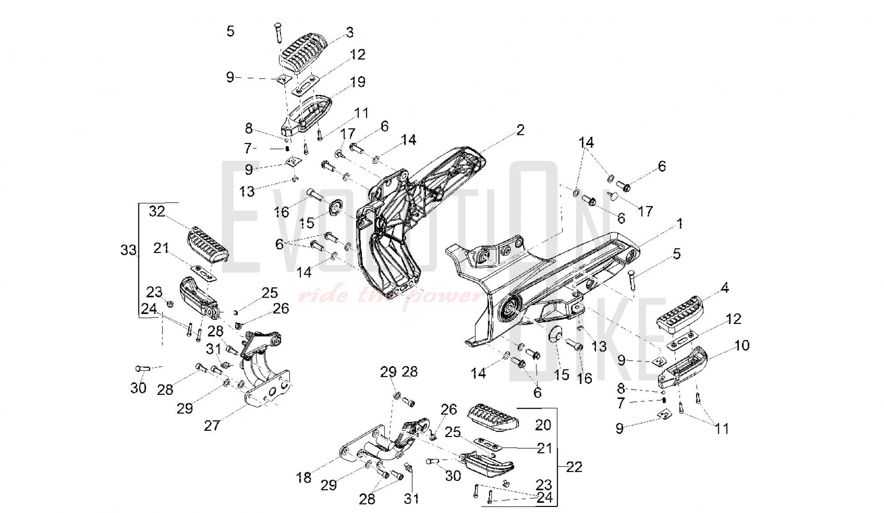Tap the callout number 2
point(520,130)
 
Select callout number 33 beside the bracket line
point(129,250)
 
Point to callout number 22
point(574,467)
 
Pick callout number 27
point(212,426)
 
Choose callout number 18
point(304,477)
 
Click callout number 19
point(357,82)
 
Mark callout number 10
point(742,345)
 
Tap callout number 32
point(157,211)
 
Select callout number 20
point(543,425)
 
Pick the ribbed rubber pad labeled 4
point(680,311)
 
